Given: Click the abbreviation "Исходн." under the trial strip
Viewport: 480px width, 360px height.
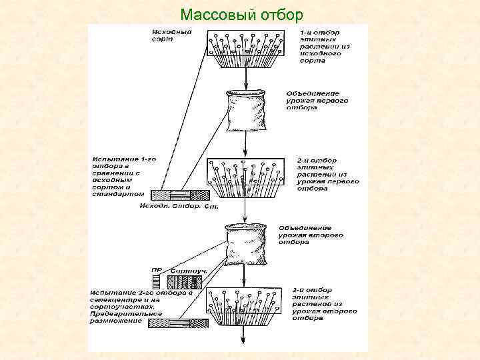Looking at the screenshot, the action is pos(155,206).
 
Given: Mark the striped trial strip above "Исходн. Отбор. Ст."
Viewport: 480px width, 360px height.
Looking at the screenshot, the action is pos(181,195).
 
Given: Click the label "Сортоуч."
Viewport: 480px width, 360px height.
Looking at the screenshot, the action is pos(188,270).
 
